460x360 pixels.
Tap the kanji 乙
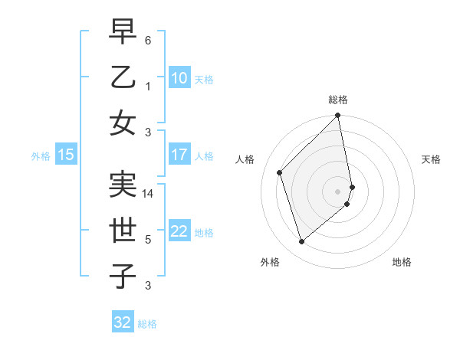[x=123, y=77]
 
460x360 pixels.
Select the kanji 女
[x=123, y=123]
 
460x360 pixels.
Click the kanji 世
[x=123, y=231]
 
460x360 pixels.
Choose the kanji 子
[x=123, y=277]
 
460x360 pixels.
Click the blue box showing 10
[x=179, y=78]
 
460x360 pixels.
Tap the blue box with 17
[x=179, y=155]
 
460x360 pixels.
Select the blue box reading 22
[x=179, y=231]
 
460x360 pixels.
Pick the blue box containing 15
[x=66, y=155]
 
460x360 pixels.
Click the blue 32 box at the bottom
[x=123, y=322]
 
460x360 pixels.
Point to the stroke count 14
[x=149, y=194]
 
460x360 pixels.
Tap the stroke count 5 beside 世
[x=147, y=240]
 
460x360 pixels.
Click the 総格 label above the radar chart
[x=338, y=100]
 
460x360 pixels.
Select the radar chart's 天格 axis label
[x=431, y=159]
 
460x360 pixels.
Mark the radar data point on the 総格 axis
[x=338, y=116]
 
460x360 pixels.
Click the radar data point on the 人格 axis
[x=280, y=172]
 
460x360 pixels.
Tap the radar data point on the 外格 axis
[x=302, y=241]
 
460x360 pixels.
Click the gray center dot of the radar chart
[x=338, y=191]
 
